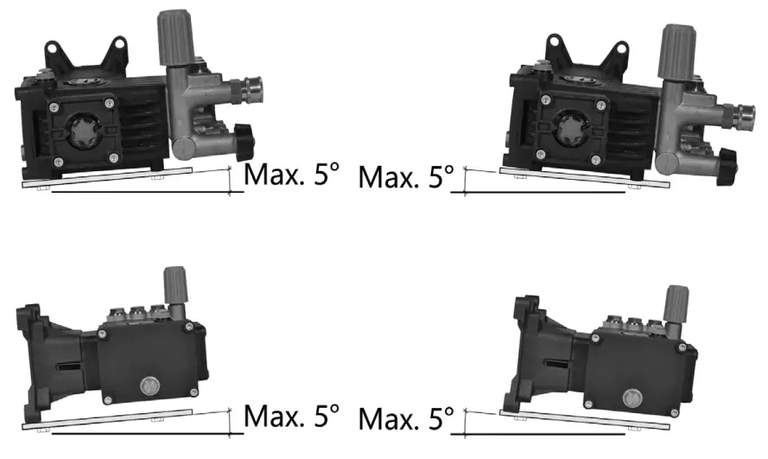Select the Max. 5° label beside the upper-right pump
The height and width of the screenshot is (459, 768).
pyautogui.click(x=406, y=178)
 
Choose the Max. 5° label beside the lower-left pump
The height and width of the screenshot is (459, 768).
pyautogui.click(x=292, y=417)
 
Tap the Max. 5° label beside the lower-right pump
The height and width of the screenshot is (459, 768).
pyautogui.click(x=406, y=420)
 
